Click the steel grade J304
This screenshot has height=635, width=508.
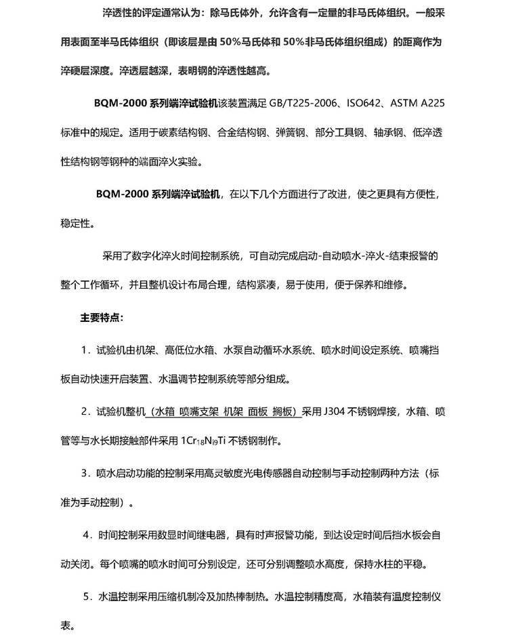click(x=335, y=411)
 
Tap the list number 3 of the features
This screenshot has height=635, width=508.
click(x=85, y=472)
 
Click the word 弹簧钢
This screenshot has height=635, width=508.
click(x=292, y=134)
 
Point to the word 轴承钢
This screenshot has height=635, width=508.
click(x=386, y=134)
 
